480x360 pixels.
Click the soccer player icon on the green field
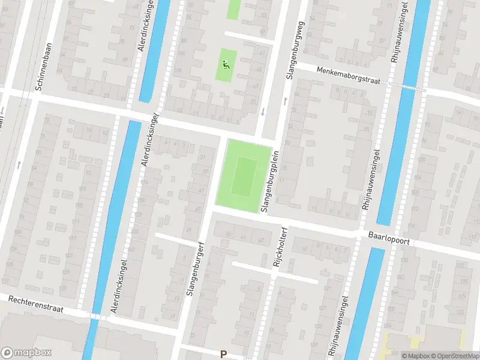226,65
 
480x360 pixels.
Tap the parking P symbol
223,355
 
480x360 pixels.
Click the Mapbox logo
26,353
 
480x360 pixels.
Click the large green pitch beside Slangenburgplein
242,175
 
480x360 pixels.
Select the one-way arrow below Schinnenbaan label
19,163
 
